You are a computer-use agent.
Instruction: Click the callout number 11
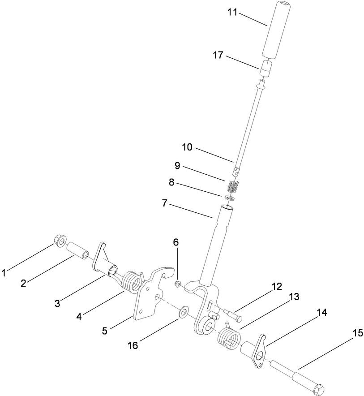coord(231,13)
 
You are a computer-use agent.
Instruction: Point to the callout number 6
coord(176,242)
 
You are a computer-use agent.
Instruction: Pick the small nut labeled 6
coord(178,283)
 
